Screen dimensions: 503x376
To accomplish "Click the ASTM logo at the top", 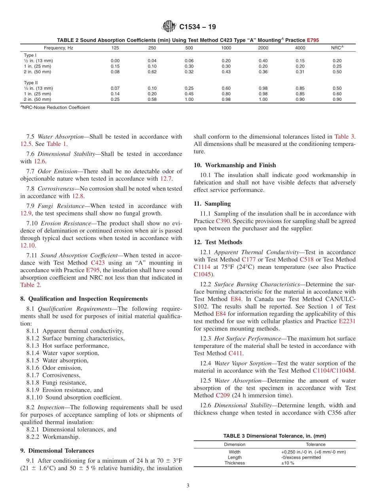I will point(169,27).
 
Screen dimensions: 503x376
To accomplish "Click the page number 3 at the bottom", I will point(188,486).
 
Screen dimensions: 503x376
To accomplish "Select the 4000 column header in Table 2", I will point(300,48).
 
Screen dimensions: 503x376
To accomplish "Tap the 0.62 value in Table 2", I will point(152,72).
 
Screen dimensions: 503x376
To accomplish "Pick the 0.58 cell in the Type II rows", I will point(152,100).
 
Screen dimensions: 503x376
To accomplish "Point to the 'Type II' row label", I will point(30,83).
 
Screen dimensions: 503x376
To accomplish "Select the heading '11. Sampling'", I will point(212,204).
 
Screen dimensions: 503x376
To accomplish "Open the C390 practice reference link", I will point(222,221).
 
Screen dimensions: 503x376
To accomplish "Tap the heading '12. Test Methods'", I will point(218,242).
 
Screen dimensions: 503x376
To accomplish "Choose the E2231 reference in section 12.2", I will point(347,321).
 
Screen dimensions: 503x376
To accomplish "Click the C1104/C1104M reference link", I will point(334,371).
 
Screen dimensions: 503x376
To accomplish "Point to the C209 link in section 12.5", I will point(223,395).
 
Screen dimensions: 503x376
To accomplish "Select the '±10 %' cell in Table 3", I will point(288,463).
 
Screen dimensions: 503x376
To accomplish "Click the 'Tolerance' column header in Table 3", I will point(315,444).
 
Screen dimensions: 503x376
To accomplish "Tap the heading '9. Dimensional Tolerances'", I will point(57,450).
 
